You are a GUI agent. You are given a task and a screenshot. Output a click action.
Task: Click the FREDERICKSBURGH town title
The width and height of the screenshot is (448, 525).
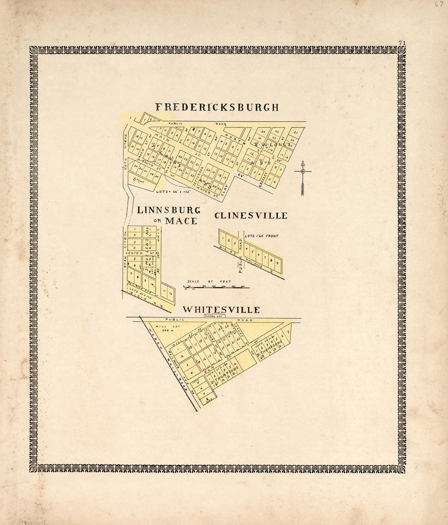217,107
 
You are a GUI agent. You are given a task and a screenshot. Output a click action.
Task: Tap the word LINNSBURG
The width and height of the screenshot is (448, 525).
169,210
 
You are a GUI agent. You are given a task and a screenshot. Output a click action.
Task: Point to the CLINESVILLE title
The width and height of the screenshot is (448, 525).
251,216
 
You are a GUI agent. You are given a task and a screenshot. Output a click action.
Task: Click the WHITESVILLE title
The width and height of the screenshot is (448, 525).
221,310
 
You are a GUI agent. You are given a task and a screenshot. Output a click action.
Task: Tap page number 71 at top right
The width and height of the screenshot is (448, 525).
402,42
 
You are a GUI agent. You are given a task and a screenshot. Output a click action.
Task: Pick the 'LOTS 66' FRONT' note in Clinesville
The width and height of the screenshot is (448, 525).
261,236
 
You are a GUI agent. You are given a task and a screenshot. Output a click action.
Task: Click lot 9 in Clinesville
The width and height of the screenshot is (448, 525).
277,263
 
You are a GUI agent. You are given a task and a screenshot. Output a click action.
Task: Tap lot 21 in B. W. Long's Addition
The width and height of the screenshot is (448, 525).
296,133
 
